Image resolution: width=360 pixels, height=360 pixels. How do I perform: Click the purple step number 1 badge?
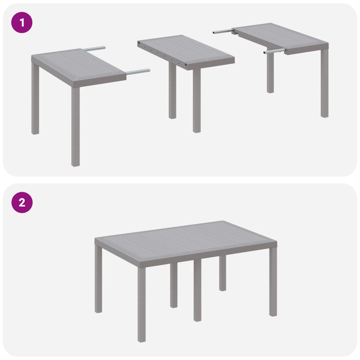point(22,22)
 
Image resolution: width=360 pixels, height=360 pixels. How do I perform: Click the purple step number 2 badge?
point(22,202)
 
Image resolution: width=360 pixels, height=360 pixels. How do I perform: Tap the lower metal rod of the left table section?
point(138,71)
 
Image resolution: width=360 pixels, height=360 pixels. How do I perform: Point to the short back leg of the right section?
point(270,74)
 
